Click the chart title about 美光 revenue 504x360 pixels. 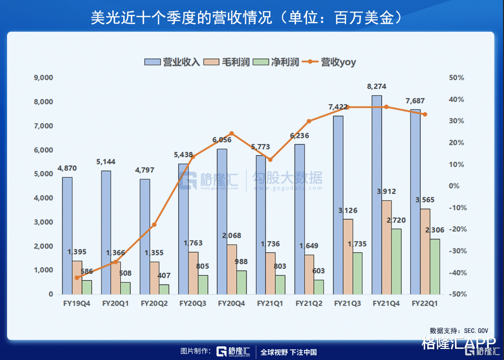point(247,17)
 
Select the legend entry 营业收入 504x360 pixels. point(173,62)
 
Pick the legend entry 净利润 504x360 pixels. point(278,62)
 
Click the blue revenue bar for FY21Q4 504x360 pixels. point(377,194)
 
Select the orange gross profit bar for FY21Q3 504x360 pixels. point(348,256)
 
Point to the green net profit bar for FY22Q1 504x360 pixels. point(435,266)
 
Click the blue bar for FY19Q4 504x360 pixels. point(67,235)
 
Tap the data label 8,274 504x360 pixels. point(377,87)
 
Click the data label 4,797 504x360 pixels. point(144,171)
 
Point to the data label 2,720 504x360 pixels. point(396,221)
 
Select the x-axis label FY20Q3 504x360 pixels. point(193,303)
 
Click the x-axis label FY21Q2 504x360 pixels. point(309,303)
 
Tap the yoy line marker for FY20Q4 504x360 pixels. point(232,133)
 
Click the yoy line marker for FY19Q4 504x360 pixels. point(77,278)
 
